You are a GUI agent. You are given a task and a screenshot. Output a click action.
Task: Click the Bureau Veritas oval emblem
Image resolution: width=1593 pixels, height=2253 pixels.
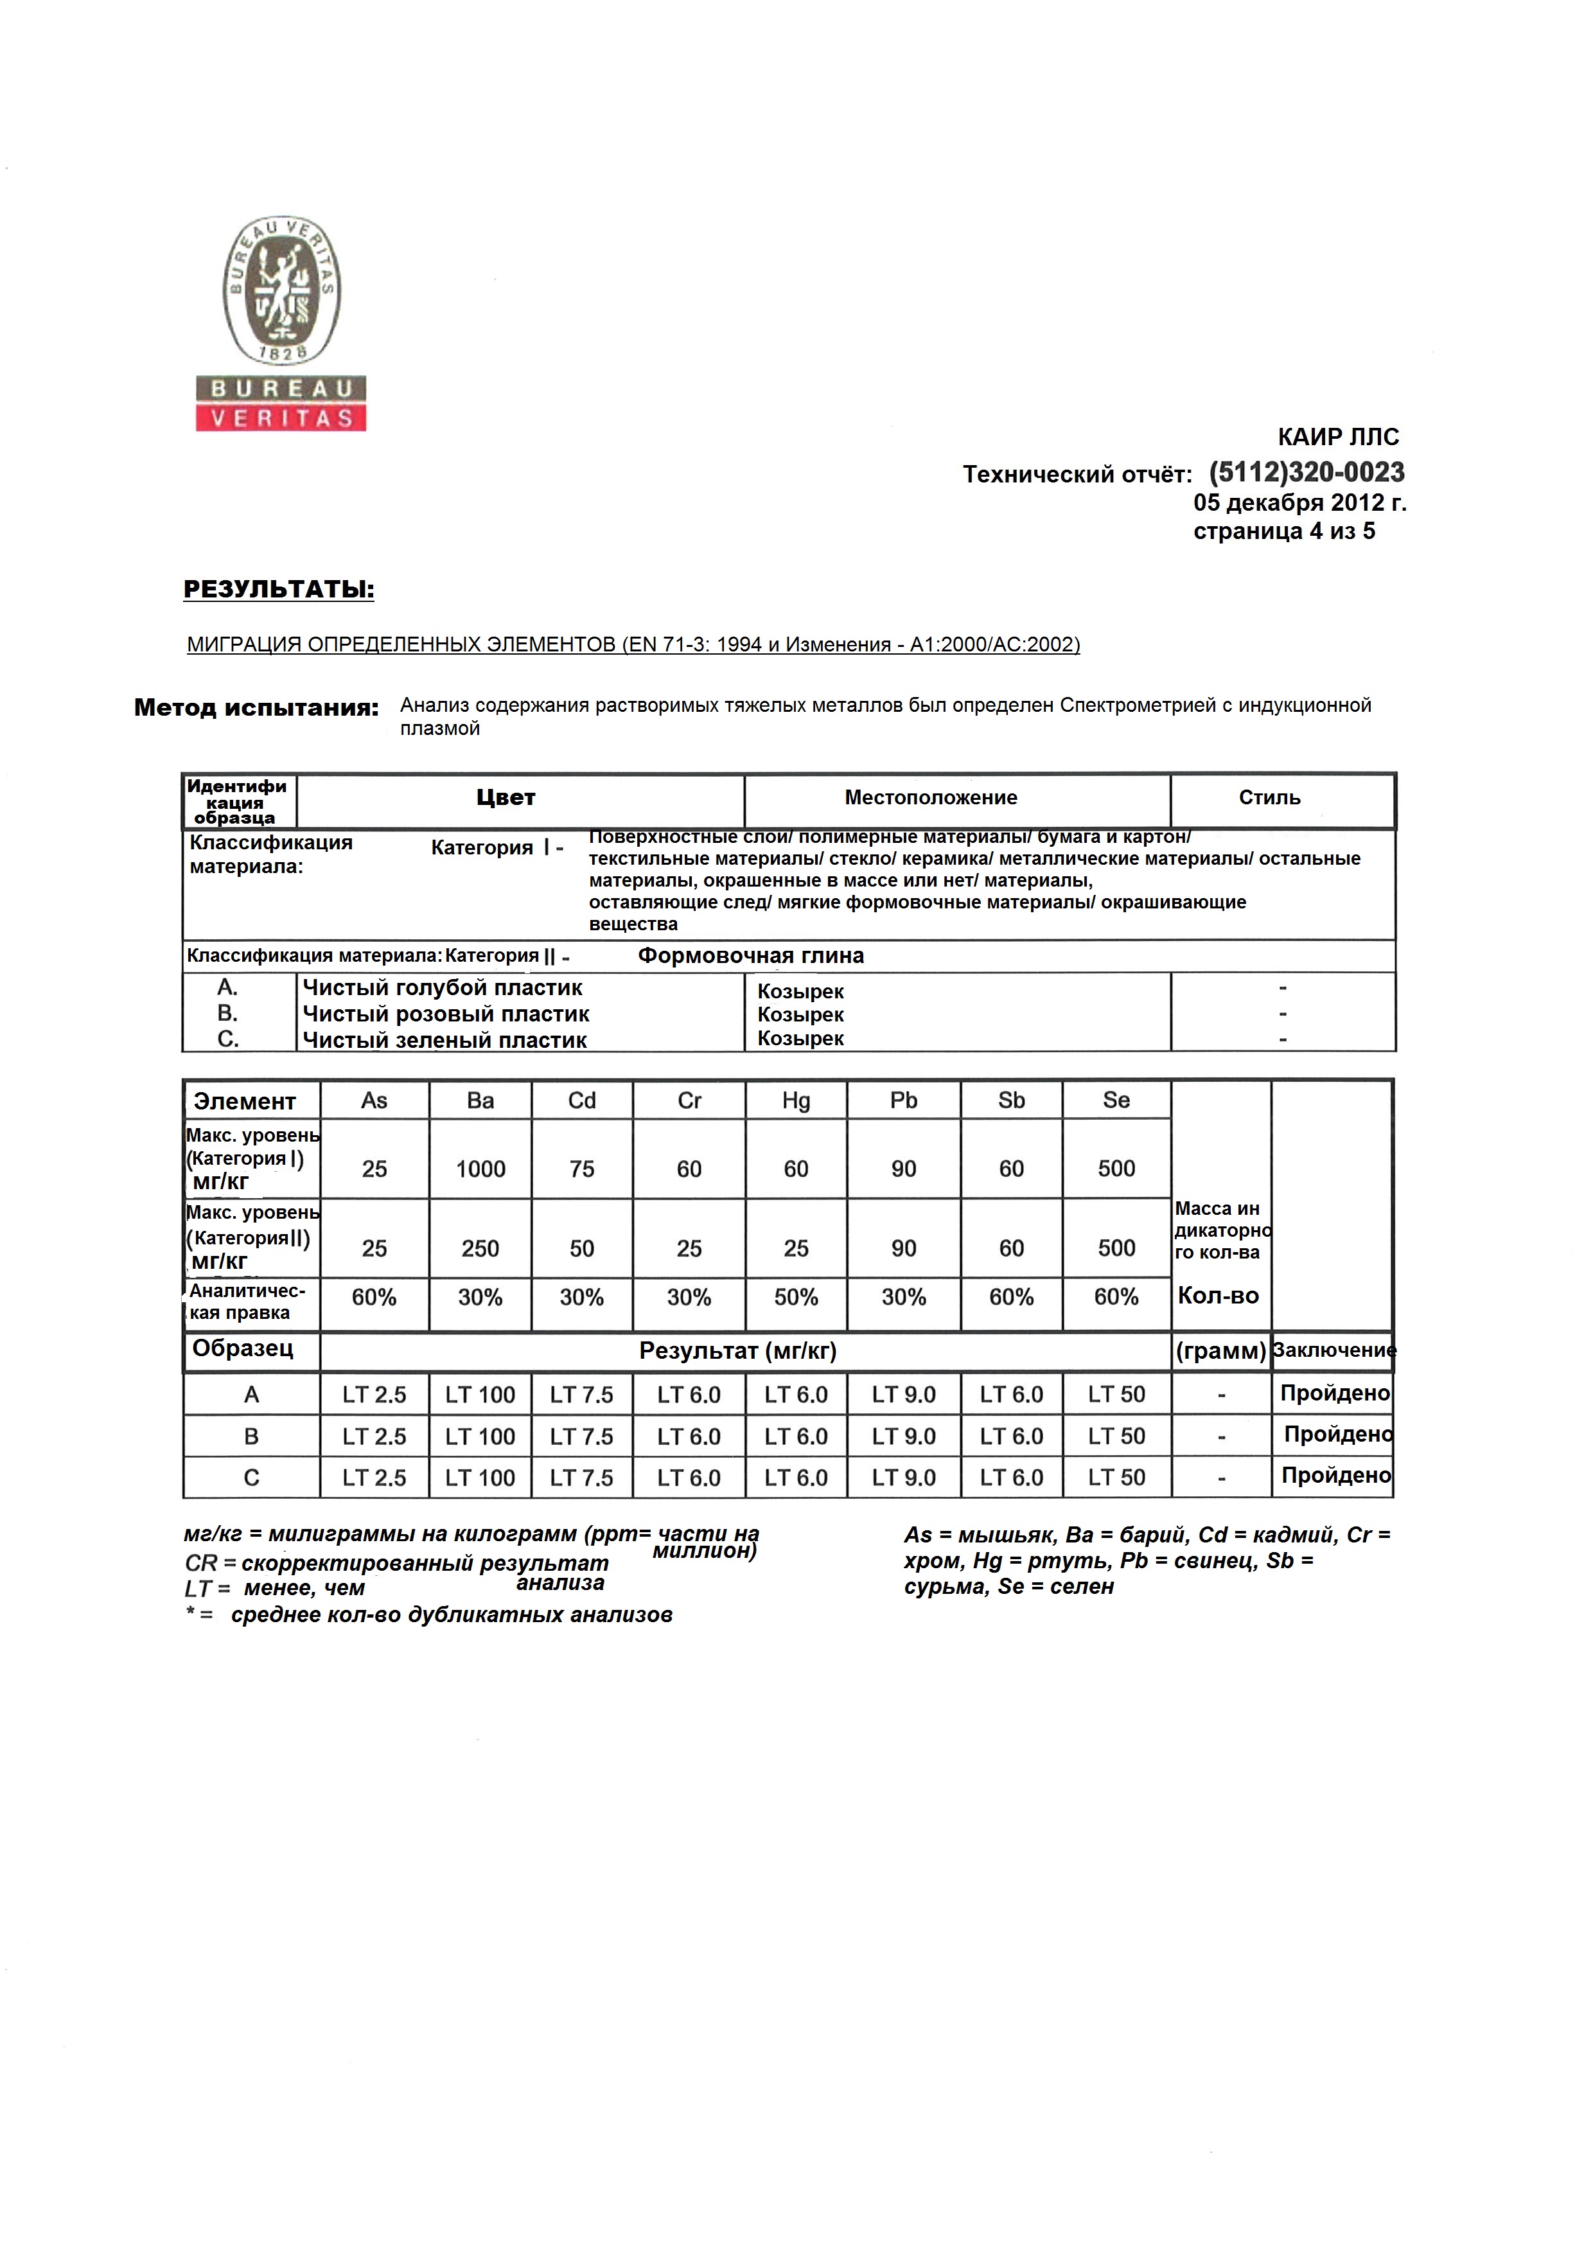coord(281,292)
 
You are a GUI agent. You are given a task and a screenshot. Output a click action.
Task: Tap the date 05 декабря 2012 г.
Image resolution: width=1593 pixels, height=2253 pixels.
coord(1299,504)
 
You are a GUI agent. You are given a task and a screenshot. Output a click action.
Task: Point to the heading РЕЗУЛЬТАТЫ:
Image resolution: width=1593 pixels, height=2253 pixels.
coord(279,590)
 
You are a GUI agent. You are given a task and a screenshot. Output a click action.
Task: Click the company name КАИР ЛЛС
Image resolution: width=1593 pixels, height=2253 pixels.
coord(1338,437)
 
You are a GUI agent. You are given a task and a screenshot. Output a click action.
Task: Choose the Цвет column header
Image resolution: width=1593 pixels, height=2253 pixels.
coord(506,798)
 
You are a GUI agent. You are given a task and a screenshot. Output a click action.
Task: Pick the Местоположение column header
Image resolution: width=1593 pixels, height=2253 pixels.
coord(931,798)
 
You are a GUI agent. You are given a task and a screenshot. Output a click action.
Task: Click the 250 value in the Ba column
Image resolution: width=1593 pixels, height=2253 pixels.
coord(480,1248)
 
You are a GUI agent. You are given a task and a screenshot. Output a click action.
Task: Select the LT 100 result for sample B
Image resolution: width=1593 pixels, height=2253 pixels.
coord(480,1436)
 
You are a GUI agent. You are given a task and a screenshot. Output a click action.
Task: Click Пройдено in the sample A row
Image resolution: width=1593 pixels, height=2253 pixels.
coord(1334,1393)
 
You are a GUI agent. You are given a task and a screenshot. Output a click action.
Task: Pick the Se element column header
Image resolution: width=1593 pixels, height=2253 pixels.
coord(1116,1101)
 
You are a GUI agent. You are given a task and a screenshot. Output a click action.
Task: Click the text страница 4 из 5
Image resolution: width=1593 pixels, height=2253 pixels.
coord(1284,532)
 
